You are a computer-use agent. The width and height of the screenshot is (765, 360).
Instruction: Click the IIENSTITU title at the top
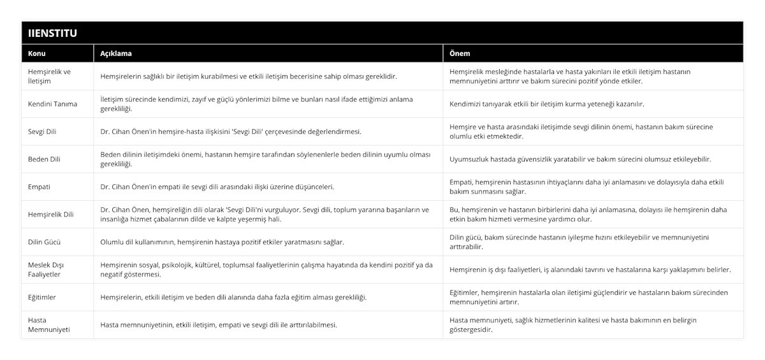(53, 33)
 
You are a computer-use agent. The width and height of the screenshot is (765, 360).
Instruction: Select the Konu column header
(38, 54)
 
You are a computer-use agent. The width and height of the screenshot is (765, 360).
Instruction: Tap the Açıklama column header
(116, 54)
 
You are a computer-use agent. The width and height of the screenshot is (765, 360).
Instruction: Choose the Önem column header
(460, 54)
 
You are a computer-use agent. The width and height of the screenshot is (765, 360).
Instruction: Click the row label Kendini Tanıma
(53, 104)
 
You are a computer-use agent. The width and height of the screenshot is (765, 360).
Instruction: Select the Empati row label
(40, 187)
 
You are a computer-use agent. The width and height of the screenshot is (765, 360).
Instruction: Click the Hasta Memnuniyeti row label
(50, 324)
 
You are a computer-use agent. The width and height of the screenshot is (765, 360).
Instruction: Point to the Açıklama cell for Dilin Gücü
(222, 242)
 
